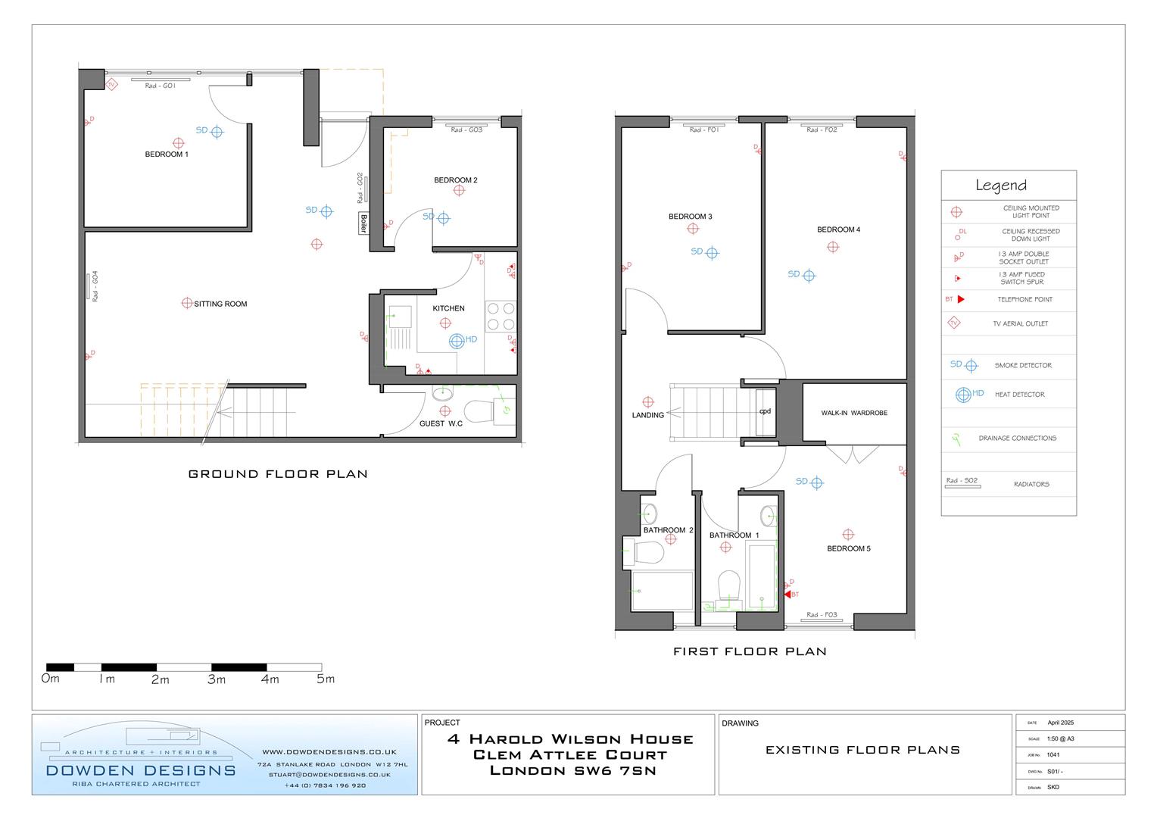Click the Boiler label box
coord(363,223)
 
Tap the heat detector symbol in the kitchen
coord(457,341)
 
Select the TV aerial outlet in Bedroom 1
coord(111,85)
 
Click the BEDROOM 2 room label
coord(455,180)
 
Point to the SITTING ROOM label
coord(220,304)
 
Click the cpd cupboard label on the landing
coord(765,411)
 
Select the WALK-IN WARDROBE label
coord(854,413)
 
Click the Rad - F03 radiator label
coord(822,615)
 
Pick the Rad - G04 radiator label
coord(95,286)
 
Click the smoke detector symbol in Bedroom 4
coord(809,276)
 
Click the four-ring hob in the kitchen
coord(500,316)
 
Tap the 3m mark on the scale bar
coord(217,679)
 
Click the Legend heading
coord(1000,186)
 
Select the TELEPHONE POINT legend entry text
coord(1024,299)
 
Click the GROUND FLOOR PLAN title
coord(278,474)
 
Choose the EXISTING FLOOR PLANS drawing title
coord(862,750)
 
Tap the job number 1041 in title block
coord(1053,755)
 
